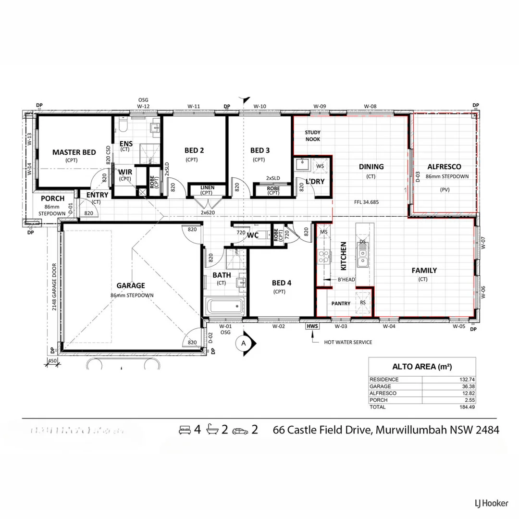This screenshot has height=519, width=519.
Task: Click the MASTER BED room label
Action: [x=74, y=152]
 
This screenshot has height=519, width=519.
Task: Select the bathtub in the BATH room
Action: [x=224, y=306]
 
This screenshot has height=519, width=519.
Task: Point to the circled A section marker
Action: [x=244, y=343]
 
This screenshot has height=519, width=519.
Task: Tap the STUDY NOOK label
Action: [x=312, y=136]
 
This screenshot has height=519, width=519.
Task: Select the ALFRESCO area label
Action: [x=444, y=167]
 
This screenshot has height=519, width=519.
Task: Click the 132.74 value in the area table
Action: [x=466, y=380]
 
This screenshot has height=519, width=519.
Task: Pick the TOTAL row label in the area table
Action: [x=377, y=407]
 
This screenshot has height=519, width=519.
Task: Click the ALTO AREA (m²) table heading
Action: [x=422, y=367]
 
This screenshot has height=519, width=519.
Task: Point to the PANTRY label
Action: [x=341, y=304]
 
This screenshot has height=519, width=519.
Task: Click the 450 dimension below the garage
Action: [x=52, y=361]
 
